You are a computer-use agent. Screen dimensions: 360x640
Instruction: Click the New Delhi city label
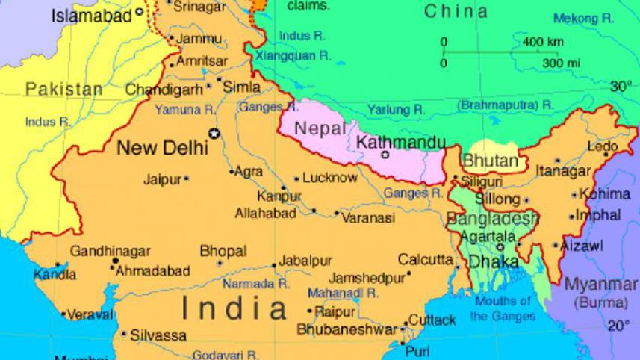click(162, 148)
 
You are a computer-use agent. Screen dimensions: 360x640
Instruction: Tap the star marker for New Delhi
click(216, 134)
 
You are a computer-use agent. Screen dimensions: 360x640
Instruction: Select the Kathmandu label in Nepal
click(401, 141)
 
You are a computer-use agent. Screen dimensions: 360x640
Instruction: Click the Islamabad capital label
click(91, 15)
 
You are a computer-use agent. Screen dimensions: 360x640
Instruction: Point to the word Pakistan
click(64, 90)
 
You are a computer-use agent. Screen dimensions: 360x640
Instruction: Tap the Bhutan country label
click(490, 161)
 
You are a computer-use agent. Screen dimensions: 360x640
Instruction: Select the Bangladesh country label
click(492, 219)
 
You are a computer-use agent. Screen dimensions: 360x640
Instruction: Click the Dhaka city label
click(493, 262)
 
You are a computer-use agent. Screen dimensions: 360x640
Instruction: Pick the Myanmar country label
click(601, 285)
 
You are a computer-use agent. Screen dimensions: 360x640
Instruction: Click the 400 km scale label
click(543, 41)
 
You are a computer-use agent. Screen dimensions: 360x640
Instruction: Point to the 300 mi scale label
click(561, 63)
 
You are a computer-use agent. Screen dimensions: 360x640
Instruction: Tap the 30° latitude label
click(620, 87)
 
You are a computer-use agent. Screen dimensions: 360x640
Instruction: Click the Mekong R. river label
click(583, 19)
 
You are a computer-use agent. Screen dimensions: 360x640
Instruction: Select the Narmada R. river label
click(256, 284)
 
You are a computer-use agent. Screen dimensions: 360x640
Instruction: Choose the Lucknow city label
click(329, 178)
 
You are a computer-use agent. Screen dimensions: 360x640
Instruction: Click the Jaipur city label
click(162, 179)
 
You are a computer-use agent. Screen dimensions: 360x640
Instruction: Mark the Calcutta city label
click(425, 260)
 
